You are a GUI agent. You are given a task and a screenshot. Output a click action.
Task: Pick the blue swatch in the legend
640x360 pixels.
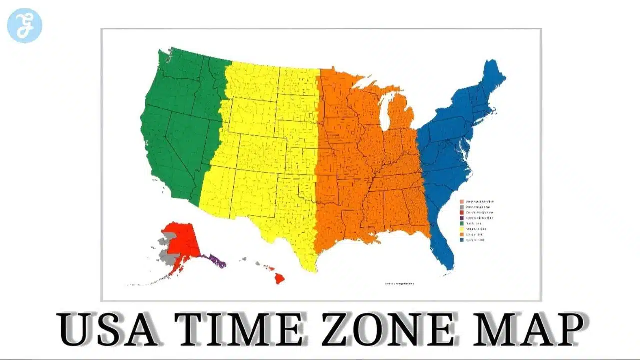[x=461, y=240]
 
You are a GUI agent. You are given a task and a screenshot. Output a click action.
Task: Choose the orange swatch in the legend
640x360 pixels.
[x=461, y=234]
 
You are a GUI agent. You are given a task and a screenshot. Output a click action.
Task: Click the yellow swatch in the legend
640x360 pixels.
[x=461, y=229]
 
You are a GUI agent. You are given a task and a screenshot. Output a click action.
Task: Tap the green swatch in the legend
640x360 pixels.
[x=461, y=223]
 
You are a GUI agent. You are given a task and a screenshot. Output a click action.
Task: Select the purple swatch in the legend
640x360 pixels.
[x=461, y=218]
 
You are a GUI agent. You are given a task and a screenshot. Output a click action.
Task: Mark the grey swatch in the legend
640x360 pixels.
[x=461, y=207]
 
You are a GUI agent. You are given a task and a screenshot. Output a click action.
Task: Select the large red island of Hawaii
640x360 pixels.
[x=279, y=278]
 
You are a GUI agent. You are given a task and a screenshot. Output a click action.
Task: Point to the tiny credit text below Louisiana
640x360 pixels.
[x=400, y=284]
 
